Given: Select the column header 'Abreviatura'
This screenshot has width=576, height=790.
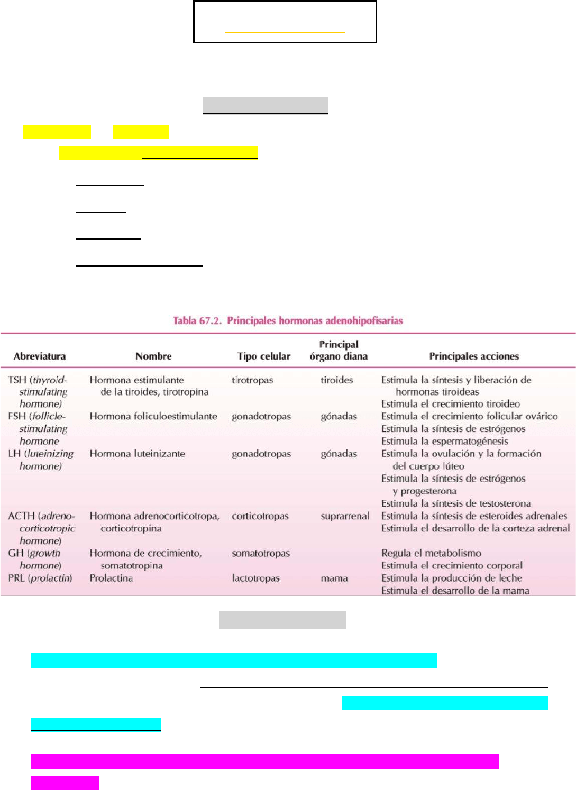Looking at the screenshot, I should click(40, 356).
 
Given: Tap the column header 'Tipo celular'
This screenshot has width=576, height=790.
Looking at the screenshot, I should click(263, 356).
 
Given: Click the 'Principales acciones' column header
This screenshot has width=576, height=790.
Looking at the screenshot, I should click(474, 356).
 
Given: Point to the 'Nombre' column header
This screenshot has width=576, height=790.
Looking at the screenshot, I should click(153, 356).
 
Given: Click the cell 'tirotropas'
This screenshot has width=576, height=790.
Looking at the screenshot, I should click(252, 380).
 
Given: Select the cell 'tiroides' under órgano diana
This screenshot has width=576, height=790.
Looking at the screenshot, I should click(336, 380).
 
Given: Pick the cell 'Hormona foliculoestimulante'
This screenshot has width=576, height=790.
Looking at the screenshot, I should click(153, 416).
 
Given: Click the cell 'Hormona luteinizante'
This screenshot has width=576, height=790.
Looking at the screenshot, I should click(137, 453).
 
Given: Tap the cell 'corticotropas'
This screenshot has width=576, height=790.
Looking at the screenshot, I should click(260, 516).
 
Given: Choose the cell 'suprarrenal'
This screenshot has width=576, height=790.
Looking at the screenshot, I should click(345, 516).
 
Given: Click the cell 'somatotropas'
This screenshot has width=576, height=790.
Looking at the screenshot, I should click(261, 553).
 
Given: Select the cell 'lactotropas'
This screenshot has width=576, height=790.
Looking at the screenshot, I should click(255, 578).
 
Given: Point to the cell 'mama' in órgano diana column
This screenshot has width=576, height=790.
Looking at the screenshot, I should click(334, 578).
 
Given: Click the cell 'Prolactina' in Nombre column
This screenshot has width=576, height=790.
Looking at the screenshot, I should click(111, 578).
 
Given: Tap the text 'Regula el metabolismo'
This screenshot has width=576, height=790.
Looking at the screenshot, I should click(431, 553).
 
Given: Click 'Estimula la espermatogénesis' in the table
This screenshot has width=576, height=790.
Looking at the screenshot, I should click(444, 441).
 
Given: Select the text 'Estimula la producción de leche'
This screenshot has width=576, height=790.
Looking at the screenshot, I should click(452, 578).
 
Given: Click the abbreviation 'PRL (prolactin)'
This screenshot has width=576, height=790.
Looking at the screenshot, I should click(40, 578).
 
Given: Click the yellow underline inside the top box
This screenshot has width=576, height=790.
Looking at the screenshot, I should click(285, 32).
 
